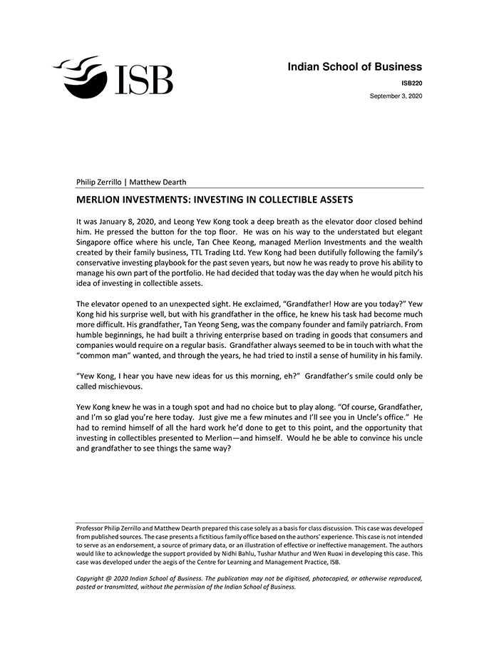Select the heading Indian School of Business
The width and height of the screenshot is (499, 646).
click(x=354, y=67)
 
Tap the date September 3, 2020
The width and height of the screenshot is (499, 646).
click(x=396, y=96)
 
